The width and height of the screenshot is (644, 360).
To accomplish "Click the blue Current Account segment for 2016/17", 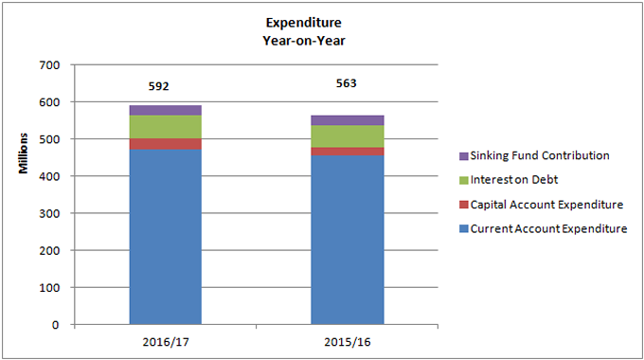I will point(165,237).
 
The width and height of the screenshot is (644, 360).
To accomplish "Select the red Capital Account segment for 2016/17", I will point(165,144).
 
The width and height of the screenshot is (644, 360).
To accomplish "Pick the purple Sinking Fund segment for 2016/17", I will point(165,110).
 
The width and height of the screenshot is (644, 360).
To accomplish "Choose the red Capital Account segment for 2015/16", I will point(348,152).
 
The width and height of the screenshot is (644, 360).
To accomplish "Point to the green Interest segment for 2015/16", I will point(348,136).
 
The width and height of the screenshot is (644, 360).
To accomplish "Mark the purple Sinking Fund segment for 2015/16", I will point(348,120).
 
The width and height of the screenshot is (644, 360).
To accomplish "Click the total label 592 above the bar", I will point(158,86).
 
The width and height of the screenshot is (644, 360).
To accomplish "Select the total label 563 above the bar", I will point(348,82).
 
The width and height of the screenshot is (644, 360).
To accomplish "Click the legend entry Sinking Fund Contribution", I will point(541,155).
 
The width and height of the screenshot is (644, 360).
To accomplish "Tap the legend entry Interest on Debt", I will point(516,180).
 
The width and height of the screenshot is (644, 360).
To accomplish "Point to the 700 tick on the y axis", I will point(48,64).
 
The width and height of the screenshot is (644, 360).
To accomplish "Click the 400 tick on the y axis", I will point(48,176).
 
